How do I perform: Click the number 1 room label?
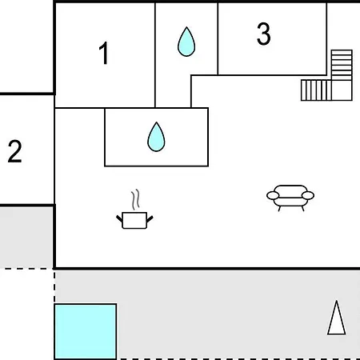point(103,53)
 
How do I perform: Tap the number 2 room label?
point(14,151)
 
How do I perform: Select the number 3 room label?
point(264,34)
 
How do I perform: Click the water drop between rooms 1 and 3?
point(186,42)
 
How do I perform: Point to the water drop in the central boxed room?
point(156,137)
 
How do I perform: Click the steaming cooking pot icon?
point(134,210)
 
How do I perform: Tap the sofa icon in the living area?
point(290,198)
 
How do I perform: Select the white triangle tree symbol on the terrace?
point(337,318)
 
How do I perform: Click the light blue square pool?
point(86,331)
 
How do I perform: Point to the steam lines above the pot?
point(135,199)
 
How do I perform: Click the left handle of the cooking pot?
point(119,219)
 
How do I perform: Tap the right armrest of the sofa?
point(308,195)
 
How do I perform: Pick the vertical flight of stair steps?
point(342,65)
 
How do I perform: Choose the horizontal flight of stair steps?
point(316,90)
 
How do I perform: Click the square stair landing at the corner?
point(342,90)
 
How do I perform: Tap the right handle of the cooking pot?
point(150,219)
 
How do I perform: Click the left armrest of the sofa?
point(273,195)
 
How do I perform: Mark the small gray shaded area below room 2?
point(26,237)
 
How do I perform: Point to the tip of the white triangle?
point(337,301)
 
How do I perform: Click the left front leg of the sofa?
point(279,209)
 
